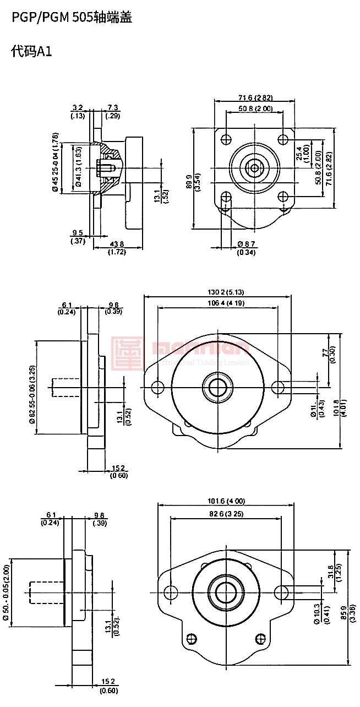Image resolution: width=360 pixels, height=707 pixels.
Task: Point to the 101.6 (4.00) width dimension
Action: pos(227,501)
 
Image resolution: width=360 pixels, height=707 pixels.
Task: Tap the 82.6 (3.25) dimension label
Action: pos(226,513)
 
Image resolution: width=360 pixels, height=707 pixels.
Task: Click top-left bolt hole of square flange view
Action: pos(225,139)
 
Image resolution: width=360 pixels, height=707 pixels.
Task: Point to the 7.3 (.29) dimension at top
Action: pos(113,111)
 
